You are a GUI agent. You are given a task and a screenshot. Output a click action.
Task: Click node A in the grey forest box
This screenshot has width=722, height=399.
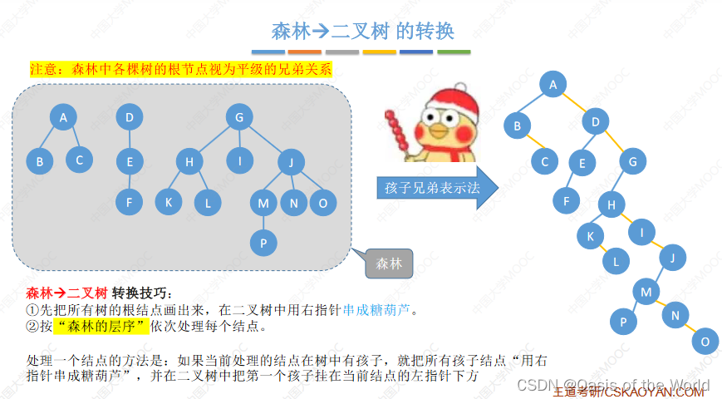coord(63,118)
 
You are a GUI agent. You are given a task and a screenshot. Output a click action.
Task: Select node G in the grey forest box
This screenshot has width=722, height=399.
coord(239,118)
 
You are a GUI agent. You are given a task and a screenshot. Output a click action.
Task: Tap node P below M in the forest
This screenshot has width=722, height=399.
coord(263,242)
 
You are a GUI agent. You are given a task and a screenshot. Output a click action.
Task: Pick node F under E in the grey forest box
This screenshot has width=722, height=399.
coord(129,202)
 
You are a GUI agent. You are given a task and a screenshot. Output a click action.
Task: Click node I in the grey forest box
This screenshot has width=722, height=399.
coord(239,160)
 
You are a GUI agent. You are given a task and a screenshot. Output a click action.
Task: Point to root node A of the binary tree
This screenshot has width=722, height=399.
coord(553,84)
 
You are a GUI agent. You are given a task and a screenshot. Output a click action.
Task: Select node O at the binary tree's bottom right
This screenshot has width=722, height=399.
coord(705,342)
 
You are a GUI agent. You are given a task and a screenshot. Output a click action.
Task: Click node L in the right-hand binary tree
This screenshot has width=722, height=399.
coord(616,262)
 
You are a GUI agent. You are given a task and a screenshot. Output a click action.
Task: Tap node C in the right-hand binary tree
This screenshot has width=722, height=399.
coord(545,163)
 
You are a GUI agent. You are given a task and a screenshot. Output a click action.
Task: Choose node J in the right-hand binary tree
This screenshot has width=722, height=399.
coord(671,259)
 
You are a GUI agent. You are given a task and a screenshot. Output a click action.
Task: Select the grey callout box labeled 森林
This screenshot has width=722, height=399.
coord(388,264)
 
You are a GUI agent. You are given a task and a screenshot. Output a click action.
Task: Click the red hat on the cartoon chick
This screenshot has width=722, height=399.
coord(453,99)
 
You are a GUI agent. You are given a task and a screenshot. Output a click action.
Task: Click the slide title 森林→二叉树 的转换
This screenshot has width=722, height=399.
coord(362,32)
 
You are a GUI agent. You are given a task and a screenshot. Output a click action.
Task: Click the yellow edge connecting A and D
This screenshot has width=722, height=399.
coord(574,104)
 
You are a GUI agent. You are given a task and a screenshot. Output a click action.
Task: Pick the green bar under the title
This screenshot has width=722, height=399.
coord(454,52)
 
